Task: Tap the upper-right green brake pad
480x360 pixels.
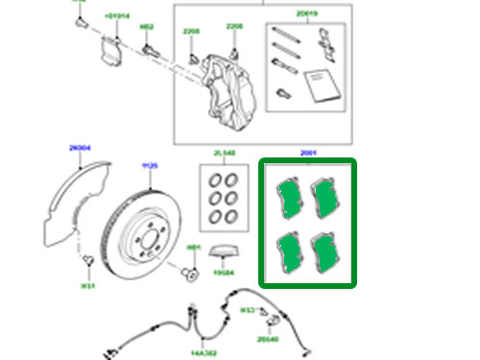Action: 324,199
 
